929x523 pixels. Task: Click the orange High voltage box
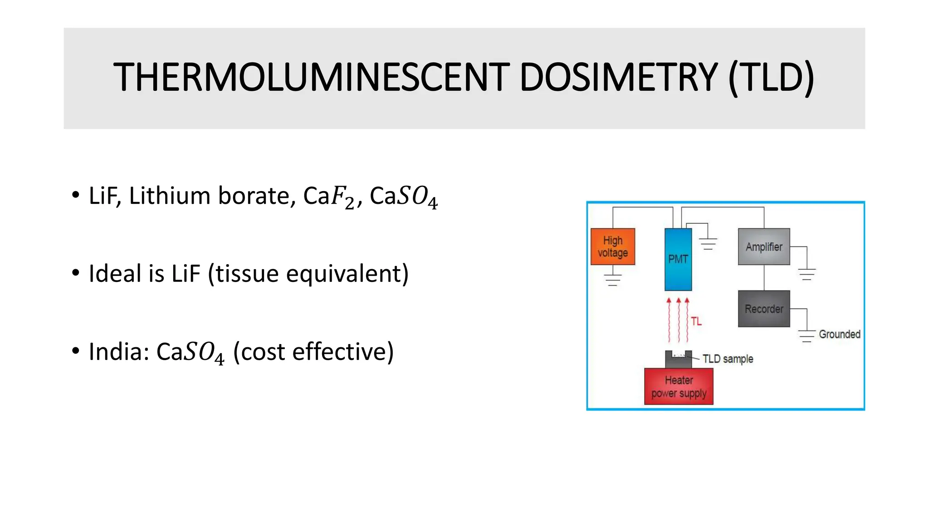click(x=612, y=247)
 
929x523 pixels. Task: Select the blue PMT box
click(x=678, y=259)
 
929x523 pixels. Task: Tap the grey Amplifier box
click(x=764, y=247)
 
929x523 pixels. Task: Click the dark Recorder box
click(x=764, y=309)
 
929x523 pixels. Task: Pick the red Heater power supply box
click(x=679, y=386)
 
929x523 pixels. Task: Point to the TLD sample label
click(x=728, y=359)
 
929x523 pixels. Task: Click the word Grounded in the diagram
click(x=839, y=334)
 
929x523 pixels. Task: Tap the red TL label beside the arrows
click(x=696, y=321)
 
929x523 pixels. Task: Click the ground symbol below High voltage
click(x=613, y=280)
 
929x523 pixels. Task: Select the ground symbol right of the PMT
click(x=708, y=244)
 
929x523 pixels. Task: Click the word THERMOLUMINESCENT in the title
click(x=311, y=78)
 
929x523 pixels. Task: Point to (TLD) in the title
click(x=771, y=78)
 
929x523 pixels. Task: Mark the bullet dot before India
click(x=75, y=351)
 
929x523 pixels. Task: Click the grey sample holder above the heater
click(x=679, y=360)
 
